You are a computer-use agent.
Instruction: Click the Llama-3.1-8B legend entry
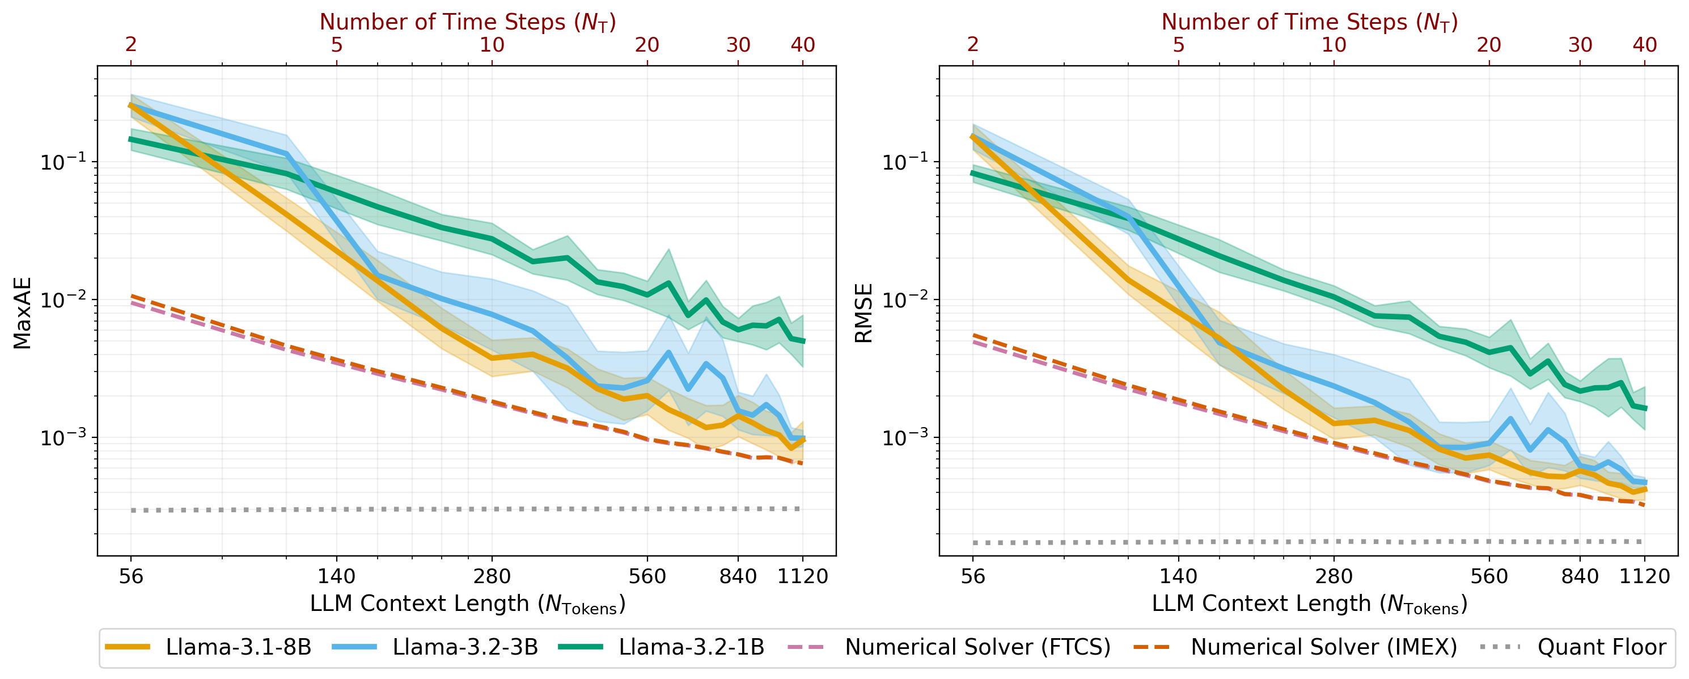[x=238, y=647]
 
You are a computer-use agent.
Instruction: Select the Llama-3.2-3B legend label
[x=465, y=647]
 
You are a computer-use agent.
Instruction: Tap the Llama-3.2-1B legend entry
[x=691, y=647]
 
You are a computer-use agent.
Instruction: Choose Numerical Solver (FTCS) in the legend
[x=977, y=647]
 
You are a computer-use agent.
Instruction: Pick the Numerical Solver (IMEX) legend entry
[x=1323, y=647]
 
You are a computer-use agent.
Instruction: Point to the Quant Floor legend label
[x=1601, y=647]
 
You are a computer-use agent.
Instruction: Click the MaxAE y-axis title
[x=22, y=313]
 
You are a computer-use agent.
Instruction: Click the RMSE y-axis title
[x=863, y=313]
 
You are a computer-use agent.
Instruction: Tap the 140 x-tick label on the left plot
[x=336, y=577]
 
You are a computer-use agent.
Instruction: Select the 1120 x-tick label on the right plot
[x=1644, y=577]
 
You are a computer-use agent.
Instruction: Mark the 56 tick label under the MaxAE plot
[x=131, y=577]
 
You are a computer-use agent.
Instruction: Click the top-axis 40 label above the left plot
[x=802, y=45]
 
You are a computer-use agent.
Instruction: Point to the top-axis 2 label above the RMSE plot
[x=973, y=45]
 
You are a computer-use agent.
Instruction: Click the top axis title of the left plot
[x=468, y=22]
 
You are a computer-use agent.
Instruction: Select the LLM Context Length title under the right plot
[x=1309, y=604]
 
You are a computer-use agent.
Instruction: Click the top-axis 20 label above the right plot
[x=1489, y=45]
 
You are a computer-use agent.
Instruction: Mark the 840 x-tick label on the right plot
[x=1580, y=577]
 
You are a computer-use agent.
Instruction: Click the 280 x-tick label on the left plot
[x=492, y=577]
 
